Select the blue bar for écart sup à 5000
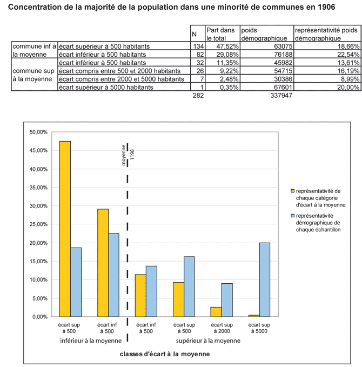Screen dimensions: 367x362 click(264, 279)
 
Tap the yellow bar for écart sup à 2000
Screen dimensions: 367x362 click(216, 312)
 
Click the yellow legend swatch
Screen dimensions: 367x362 click(293, 191)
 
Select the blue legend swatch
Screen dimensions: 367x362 click(293, 215)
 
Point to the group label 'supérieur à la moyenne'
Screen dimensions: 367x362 click(209, 341)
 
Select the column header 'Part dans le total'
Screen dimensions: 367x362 click(222, 35)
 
